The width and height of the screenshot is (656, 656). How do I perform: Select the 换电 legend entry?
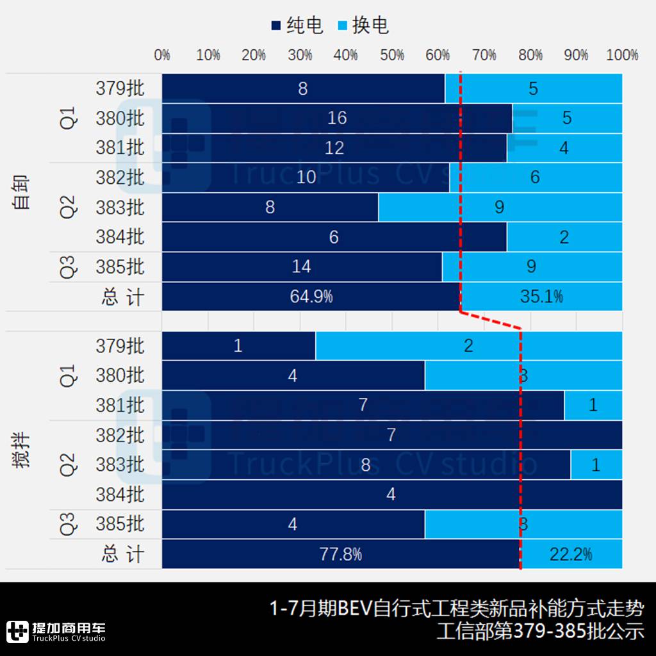pos(363,26)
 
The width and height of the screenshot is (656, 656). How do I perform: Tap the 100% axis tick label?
pos(622,55)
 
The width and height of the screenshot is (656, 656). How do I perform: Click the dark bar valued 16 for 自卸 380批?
pos(337,118)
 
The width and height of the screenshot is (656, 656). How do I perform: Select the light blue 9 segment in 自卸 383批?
pos(500,207)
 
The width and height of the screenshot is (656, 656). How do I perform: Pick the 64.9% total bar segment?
pos(311,297)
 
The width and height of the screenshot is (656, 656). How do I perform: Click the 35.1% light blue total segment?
pos(541,297)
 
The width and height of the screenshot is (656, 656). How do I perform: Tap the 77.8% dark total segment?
pos(341,554)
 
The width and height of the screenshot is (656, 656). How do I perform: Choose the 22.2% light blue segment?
pos(571,554)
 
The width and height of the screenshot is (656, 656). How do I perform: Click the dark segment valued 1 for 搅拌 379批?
pos(238,346)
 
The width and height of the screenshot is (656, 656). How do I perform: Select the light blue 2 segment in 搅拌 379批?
pos(468,346)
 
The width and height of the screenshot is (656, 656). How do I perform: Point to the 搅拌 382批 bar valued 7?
pos(391,435)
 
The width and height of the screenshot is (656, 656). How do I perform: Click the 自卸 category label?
pos(23,193)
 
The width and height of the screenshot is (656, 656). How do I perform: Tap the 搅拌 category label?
pos(23,450)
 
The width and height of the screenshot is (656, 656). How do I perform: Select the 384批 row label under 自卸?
pos(120,237)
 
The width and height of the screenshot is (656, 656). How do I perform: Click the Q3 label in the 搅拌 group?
pos(68,524)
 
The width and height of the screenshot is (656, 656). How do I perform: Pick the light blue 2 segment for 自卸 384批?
pos(564,237)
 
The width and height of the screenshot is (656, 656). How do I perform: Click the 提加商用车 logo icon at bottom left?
pos(17,631)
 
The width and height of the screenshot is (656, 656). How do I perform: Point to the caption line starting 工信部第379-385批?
pos(540,631)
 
